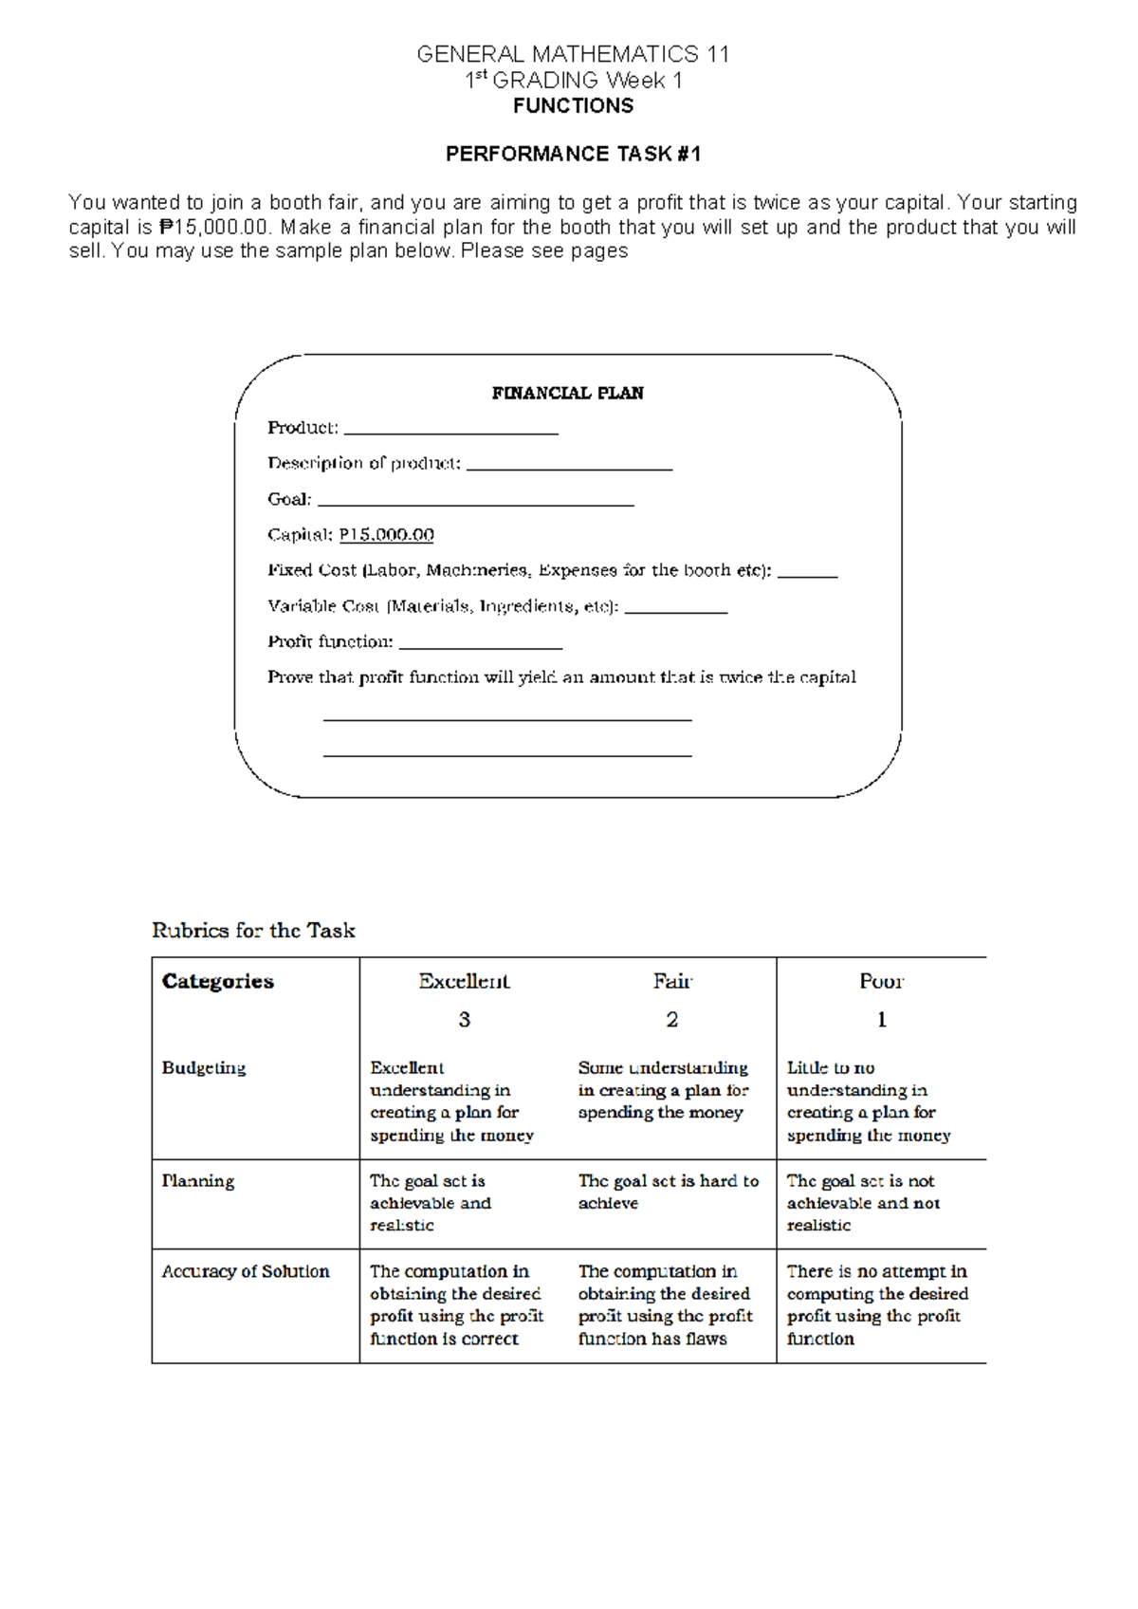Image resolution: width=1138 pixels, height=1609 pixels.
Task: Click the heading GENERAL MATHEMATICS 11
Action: point(573,54)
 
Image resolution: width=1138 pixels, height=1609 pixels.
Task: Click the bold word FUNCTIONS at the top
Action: point(573,106)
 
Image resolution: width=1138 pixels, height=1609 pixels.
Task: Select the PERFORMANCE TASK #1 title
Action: point(573,154)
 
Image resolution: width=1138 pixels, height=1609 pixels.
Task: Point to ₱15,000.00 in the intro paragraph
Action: point(215,228)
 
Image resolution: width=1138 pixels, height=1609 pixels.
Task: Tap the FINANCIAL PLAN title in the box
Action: point(567,393)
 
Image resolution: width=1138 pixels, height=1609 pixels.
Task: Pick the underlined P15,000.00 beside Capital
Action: point(386,535)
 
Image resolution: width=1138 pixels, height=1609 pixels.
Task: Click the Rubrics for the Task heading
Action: point(253,931)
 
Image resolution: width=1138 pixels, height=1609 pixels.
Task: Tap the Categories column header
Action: point(218,981)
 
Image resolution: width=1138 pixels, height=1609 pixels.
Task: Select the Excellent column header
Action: point(464,981)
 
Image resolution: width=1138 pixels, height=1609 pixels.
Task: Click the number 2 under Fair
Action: point(671,1020)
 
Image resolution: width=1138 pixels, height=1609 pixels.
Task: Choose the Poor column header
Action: point(881,981)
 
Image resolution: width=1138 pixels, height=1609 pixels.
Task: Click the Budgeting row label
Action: point(204,1067)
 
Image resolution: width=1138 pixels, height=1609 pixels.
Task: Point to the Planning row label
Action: point(198,1181)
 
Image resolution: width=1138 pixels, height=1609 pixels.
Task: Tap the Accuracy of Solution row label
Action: point(246,1271)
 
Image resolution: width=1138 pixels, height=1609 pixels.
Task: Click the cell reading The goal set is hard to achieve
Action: point(668,1192)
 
